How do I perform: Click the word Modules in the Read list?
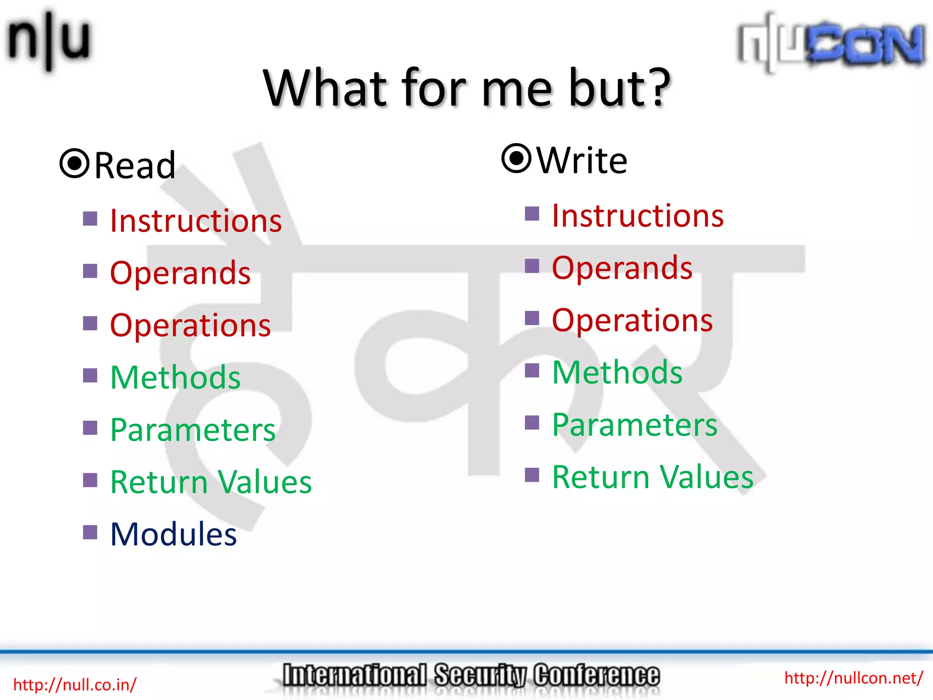coord(174,535)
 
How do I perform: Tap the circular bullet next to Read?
coord(74,164)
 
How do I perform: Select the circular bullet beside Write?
coord(516,158)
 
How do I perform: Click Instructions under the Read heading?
coord(196,221)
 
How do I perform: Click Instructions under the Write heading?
coord(637,216)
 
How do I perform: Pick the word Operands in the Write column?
coord(622,268)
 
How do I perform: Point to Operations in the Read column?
coord(190,326)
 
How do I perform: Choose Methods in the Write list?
coord(617,373)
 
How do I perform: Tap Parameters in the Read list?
coord(193,430)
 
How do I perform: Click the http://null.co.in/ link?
coord(75,685)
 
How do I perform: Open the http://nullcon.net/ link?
coord(853,678)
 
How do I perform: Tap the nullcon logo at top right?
coord(831,43)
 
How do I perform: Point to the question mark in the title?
coord(655,87)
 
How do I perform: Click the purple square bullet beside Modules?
coord(90,532)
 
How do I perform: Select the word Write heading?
coord(582,161)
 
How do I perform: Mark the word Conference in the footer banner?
coord(596,675)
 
